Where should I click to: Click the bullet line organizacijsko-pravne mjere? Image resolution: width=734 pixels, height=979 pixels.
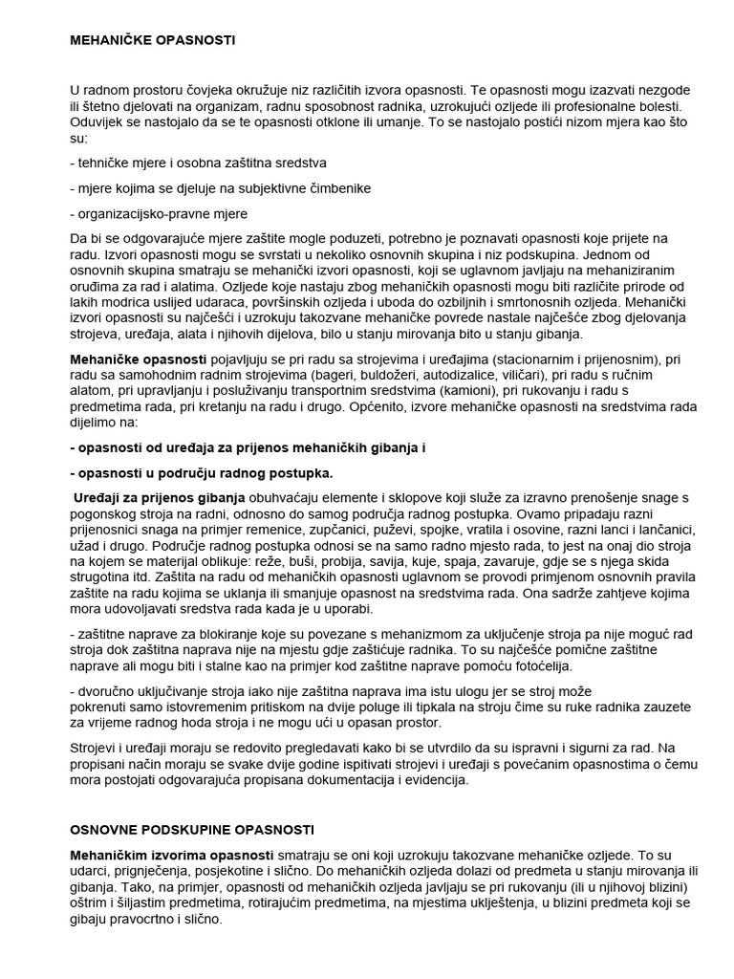tap(159, 213)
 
